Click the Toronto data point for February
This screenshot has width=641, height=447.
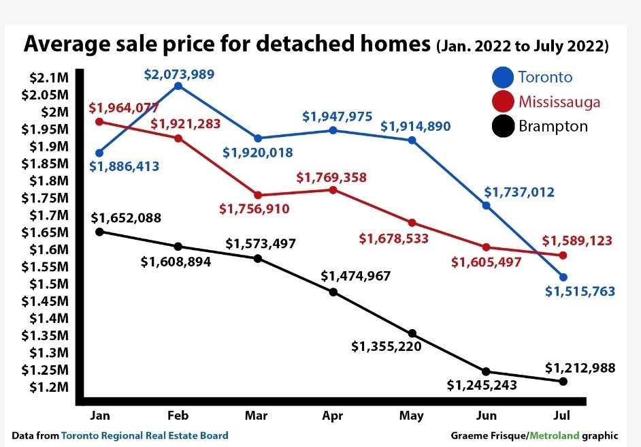(178, 86)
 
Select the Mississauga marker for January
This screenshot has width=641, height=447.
(99, 122)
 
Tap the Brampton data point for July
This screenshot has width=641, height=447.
(563, 382)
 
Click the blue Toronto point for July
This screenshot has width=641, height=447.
(563, 277)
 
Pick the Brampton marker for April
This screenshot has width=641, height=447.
(333, 292)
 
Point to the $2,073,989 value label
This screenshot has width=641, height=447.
(178, 73)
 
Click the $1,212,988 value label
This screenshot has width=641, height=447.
(580, 368)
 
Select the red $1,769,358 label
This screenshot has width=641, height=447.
(331, 177)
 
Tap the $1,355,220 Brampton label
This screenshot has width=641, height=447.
(386, 346)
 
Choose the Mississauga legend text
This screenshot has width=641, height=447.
(559, 102)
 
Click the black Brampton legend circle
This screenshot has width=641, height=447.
(503, 127)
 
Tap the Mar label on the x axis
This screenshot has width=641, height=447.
(257, 416)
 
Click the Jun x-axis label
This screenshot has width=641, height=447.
(486, 416)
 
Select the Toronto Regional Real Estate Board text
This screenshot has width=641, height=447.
(145, 435)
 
